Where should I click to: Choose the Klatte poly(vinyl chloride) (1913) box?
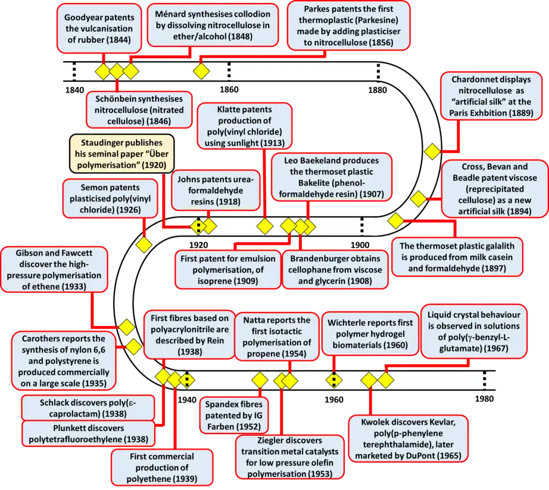pos(244,126)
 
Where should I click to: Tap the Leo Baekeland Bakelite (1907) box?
pos(332,177)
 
